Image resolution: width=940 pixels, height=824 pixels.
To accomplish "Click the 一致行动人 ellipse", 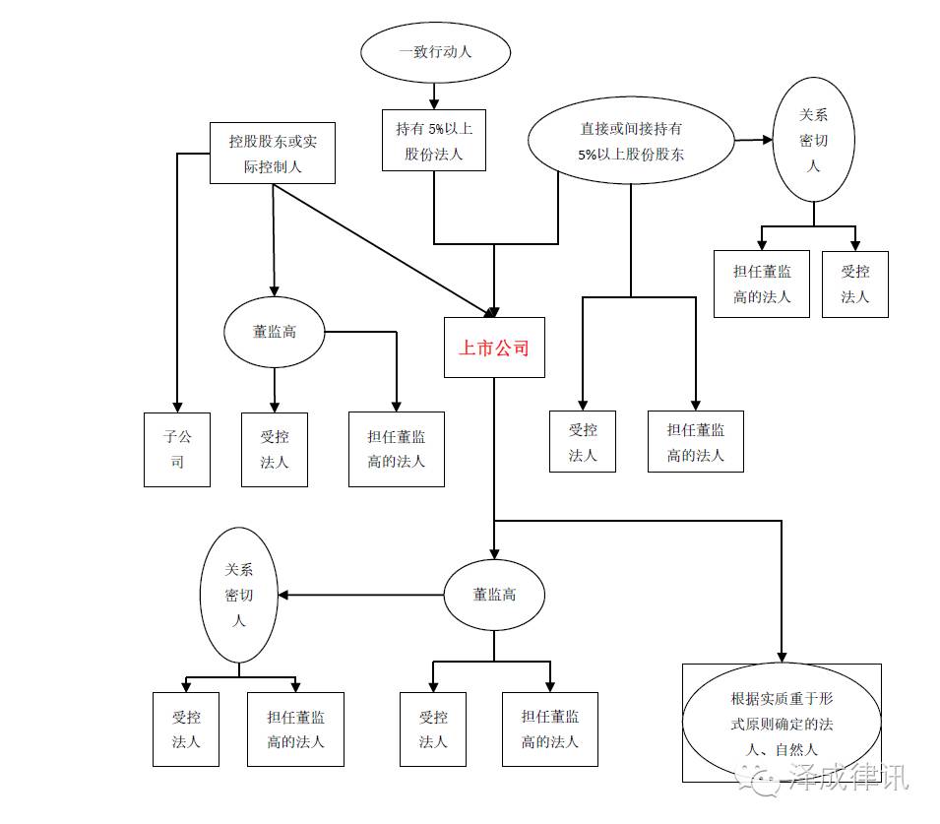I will pos(435,51).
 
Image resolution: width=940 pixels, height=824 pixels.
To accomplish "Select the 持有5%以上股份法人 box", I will pos(434,140).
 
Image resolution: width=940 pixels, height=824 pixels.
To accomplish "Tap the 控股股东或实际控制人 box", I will pos(273,154).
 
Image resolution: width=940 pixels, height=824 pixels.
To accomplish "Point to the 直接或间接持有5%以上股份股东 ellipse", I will pos(631,141).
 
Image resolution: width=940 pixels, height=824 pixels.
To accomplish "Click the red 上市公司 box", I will pos(494,348).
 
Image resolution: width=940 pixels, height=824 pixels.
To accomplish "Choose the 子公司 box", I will pos(177,449).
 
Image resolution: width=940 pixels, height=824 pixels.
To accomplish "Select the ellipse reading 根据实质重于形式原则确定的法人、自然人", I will pos(782,724).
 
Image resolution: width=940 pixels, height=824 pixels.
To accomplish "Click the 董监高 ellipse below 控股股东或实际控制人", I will pos(274,332).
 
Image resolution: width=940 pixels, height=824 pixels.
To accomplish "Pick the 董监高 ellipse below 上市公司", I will pos(494,595).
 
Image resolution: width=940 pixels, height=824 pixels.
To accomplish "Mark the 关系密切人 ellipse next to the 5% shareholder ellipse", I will pos(813,140).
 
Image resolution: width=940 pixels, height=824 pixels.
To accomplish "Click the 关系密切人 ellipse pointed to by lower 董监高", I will pos(238,595).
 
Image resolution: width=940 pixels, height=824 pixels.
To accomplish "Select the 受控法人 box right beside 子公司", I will pos(275,449).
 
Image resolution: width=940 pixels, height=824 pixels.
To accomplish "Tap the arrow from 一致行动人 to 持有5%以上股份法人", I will pos(434,96).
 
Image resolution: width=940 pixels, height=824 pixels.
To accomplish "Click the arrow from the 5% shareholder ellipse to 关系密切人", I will pos(755,140).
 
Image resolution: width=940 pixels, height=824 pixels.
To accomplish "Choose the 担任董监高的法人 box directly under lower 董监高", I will pos(550,729).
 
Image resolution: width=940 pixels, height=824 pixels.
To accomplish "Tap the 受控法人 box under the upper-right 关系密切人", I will pos(854,284).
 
